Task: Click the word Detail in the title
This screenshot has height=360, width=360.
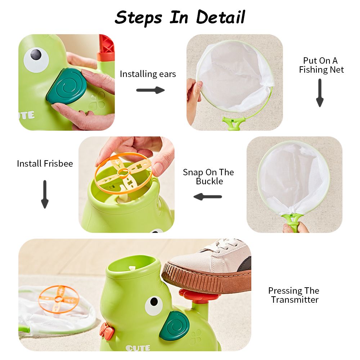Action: point(220,17)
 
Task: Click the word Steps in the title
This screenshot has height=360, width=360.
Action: point(138,18)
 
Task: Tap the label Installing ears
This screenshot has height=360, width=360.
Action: point(148,74)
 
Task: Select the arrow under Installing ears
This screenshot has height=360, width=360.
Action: point(150,90)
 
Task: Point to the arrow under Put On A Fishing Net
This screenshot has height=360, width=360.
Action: point(320,93)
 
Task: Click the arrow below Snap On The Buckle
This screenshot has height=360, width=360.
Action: point(208,197)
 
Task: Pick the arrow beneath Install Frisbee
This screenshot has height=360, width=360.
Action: point(45,194)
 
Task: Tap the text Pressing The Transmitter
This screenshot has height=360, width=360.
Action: point(294,295)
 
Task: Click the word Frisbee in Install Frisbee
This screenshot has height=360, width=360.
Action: point(58,163)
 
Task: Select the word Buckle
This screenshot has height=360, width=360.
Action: point(210,181)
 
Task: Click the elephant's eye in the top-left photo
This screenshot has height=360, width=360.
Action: point(36,60)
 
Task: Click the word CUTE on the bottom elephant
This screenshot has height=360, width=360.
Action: point(138,348)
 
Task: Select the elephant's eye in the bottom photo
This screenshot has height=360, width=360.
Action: point(154,306)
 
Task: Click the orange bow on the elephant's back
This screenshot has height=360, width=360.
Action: point(107,330)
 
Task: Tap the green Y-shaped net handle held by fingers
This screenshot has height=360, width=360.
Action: point(291,221)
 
